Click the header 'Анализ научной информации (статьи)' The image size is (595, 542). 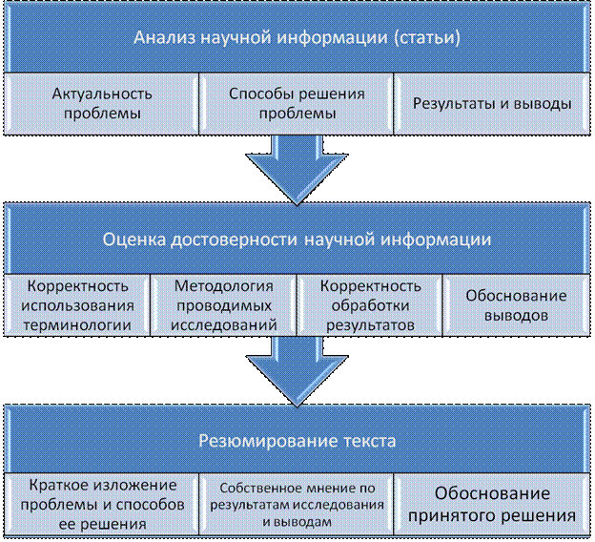point(297,39)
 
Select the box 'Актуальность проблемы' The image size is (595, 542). point(102,103)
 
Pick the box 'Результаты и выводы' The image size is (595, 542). point(491,103)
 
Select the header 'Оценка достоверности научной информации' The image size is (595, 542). point(297,240)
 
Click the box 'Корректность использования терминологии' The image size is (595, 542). point(78,304)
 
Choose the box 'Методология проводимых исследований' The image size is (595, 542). point(225,304)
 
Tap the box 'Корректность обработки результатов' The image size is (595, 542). point(370,304)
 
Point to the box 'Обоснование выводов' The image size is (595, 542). point(516,304)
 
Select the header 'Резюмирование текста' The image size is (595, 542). point(297,442)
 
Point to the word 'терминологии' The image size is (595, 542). point(78,324)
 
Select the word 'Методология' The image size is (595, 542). point(225,285)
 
